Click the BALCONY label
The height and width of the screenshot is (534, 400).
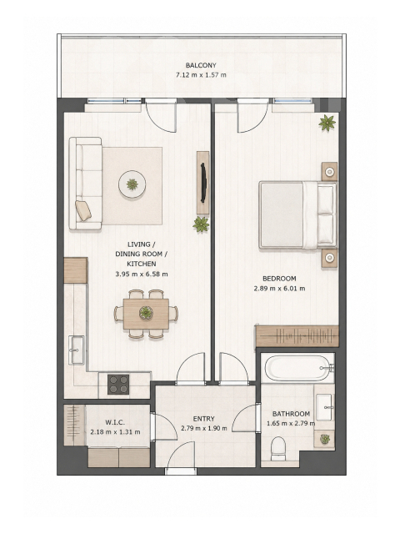[201, 65]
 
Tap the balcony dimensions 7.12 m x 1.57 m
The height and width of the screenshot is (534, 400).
[201, 75]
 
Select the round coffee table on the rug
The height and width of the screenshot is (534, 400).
[132, 184]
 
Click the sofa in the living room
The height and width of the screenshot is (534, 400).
[85, 184]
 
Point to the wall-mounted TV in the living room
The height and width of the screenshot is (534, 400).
[203, 183]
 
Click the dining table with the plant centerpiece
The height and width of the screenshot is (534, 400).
[147, 314]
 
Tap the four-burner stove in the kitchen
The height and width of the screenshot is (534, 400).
[118, 384]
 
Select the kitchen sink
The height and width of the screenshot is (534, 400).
[77, 350]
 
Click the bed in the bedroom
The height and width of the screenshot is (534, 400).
[298, 214]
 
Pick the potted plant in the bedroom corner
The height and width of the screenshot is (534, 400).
[327, 123]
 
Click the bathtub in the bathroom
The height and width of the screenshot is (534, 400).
[297, 368]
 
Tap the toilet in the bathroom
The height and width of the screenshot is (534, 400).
[278, 449]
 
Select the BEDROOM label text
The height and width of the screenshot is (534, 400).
[279, 279]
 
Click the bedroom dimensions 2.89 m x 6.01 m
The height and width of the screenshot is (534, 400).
[279, 289]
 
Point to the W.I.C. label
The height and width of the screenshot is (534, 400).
[115, 422]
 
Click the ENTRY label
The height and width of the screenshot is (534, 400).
[203, 419]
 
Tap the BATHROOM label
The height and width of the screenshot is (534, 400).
[291, 414]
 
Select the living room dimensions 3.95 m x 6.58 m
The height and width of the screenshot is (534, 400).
[142, 274]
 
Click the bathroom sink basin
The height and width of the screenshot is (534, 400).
[324, 407]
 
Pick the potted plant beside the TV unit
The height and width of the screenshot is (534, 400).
[201, 224]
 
